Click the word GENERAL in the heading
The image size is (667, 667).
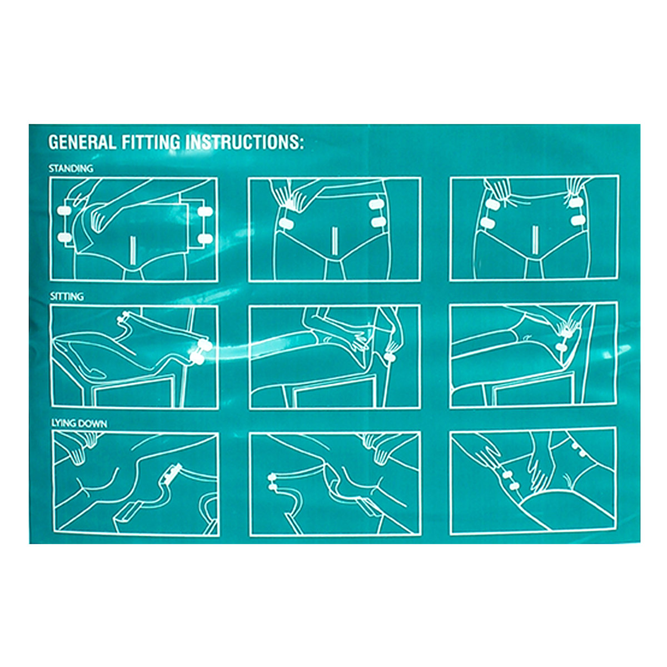point(82,142)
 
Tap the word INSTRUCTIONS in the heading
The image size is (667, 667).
point(245,142)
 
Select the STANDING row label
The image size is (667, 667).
point(71,168)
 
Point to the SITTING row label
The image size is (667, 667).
point(67,297)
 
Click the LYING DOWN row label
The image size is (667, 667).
point(79,424)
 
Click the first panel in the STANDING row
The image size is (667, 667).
point(134,229)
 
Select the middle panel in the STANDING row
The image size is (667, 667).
point(335,229)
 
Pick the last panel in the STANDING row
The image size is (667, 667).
point(534,228)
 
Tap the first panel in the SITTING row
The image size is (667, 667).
point(135,356)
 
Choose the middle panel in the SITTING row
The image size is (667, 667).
point(335,356)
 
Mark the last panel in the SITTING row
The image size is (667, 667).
point(534,355)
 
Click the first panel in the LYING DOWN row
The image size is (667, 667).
point(135,484)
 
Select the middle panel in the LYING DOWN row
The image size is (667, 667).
point(335,484)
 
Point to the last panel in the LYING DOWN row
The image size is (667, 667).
point(534,481)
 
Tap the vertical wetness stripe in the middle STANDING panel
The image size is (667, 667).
point(335,242)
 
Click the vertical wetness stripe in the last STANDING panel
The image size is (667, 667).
point(535,242)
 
